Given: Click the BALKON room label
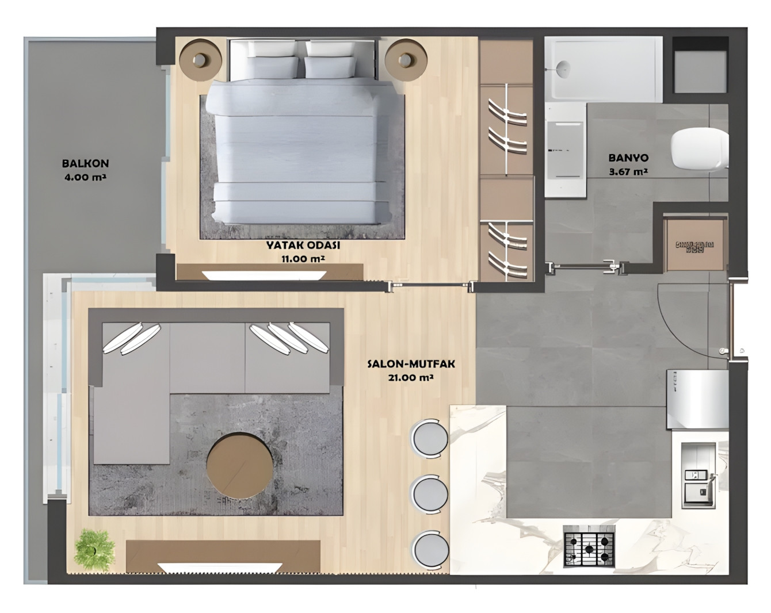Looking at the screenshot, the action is tap(85, 164).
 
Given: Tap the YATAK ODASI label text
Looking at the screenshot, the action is tap(303, 246).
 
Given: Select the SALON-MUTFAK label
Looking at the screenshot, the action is tap(411, 364).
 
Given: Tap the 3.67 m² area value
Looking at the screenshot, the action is tap(628, 171).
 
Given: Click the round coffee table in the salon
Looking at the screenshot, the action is tap(239, 466).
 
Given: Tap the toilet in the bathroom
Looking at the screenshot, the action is tap(699, 150).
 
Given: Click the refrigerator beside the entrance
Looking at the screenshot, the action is tap(697, 399).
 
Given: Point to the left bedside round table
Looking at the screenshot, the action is tap(200, 59).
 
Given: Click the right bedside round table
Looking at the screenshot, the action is tap(406, 59).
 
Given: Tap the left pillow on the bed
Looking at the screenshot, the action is tap(273, 67).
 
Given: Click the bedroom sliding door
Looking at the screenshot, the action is tap(432, 286).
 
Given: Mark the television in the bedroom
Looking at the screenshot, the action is tap(264, 275).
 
